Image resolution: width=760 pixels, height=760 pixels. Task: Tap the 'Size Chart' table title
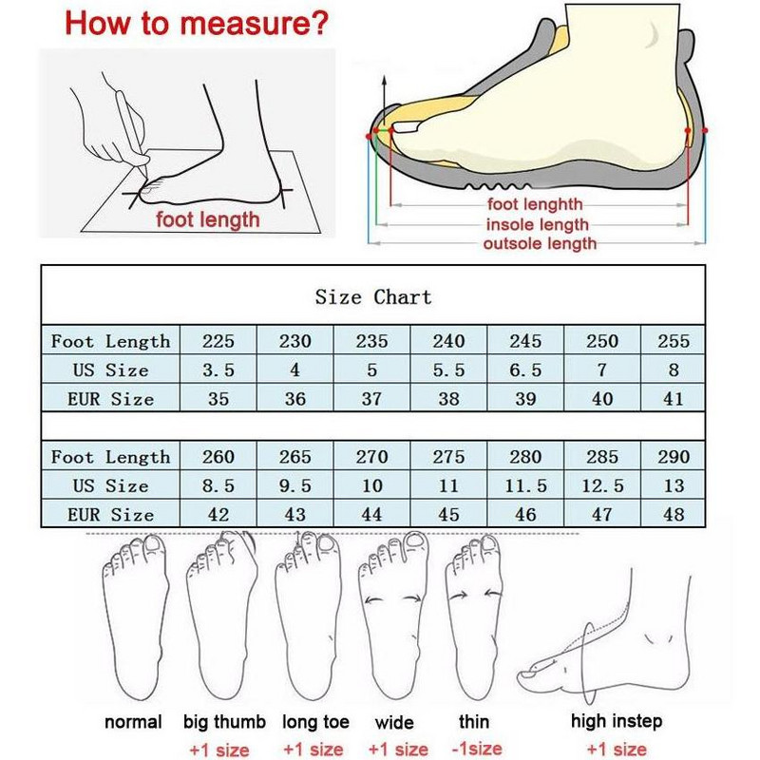pos(372,297)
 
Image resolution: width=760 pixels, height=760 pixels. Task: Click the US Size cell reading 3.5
pos(218,370)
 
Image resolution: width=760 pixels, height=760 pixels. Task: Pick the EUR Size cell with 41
pos(674,399)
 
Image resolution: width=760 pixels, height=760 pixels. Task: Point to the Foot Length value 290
pos(674,457)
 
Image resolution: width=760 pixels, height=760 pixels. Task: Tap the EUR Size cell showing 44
pos(372,515)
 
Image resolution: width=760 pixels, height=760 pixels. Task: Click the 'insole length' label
pos(537,225)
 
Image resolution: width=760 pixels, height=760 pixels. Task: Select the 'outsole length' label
pos(540,244)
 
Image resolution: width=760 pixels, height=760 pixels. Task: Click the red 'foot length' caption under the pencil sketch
pos(208,219)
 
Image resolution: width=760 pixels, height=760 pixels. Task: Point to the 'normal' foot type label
pos(133,722)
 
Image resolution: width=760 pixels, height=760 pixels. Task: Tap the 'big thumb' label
pos(224,722)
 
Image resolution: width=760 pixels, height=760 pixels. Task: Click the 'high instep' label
pos(617,721)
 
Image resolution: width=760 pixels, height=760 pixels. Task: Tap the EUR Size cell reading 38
pos(448,399)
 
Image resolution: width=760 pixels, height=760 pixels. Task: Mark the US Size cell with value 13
pos(674,485)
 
